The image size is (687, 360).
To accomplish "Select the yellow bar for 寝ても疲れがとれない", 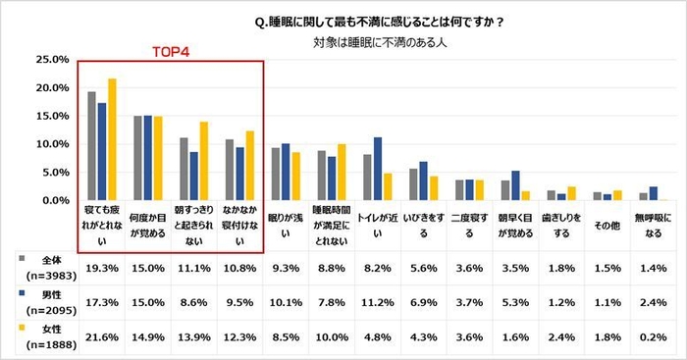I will coord(112,139).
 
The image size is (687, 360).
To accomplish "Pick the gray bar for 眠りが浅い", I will coord(276,174).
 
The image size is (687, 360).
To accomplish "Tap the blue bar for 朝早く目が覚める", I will coord(515,185).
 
